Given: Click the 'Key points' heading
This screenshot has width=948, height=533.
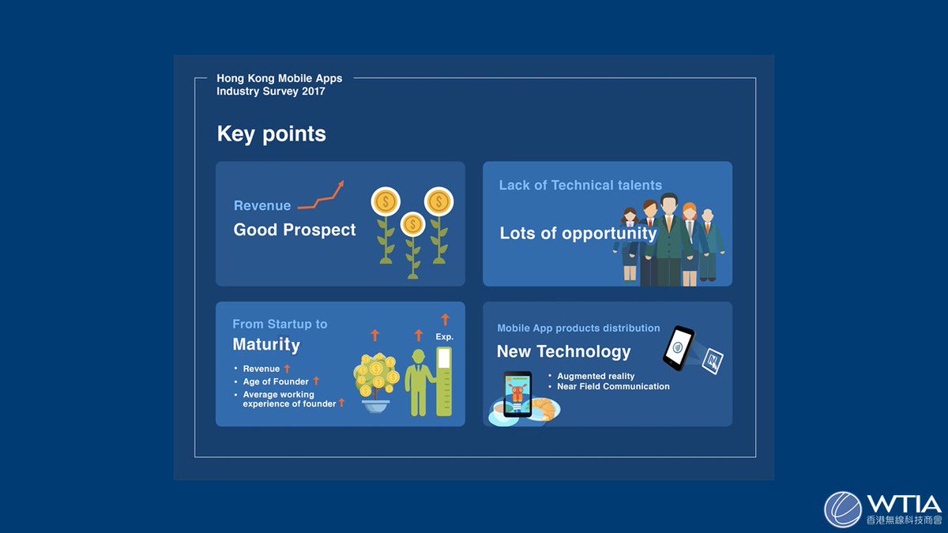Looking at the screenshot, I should coord(271,134).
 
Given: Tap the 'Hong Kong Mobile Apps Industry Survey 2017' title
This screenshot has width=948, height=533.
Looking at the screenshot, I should coord(280,85).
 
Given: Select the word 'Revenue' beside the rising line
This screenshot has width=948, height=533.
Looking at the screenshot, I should coord(262,205).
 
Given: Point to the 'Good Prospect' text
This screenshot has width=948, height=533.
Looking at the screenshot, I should coord(295,230).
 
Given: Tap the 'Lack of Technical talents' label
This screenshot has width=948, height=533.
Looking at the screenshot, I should coord(580,185).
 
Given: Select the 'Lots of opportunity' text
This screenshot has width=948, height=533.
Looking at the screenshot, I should coord(577,233).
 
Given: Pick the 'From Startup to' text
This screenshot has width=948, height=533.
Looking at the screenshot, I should coord(280,324).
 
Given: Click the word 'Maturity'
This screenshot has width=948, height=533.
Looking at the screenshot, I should coord(266,344).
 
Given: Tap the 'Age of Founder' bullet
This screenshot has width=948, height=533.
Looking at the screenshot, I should coord(276,381).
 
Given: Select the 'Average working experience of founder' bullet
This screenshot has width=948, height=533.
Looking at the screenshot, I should coord(289,399).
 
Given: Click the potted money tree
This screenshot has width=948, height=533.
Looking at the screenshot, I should coord(377,384).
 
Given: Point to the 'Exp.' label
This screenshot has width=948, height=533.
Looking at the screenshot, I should coord(445,336).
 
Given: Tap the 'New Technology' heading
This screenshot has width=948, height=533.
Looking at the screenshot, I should coord(563,351).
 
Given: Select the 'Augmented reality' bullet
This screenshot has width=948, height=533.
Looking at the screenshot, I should coord(596,376).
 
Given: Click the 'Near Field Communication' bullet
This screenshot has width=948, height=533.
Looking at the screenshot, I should coord(613,387).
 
